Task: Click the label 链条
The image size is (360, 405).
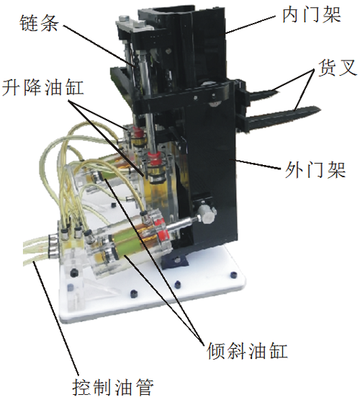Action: pos(39,24)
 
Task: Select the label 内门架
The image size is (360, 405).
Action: pos(312,15)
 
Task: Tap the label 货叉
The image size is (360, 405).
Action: pos(337,68)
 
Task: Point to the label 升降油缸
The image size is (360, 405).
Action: pos(43,87)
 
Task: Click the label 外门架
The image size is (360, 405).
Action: pos(315,170)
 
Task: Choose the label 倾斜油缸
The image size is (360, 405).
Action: pos(247,350)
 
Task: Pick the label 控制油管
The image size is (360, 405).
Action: pos(113,388)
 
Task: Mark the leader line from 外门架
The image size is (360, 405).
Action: pos(257,164)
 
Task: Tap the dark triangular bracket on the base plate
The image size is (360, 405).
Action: pos(175,259)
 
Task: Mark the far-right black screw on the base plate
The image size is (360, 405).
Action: pos(233,275)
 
